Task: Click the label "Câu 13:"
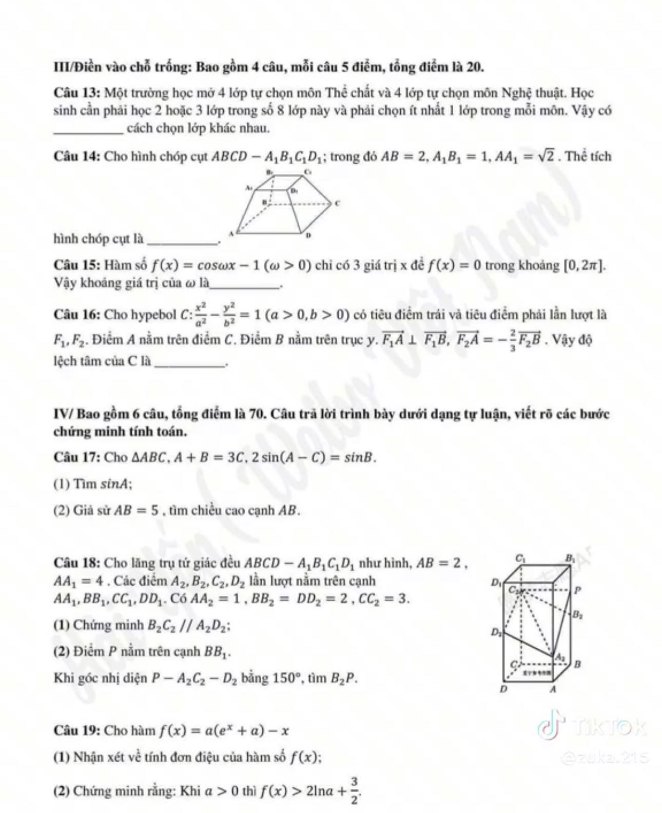tap(77, 93)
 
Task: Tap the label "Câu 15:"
tap(77, 265)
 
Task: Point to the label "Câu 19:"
tap(77, 730)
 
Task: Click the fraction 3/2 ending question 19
tap(355, 791)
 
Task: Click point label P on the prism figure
tap(577, 590)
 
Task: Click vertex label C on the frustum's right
tap(337, 203)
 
